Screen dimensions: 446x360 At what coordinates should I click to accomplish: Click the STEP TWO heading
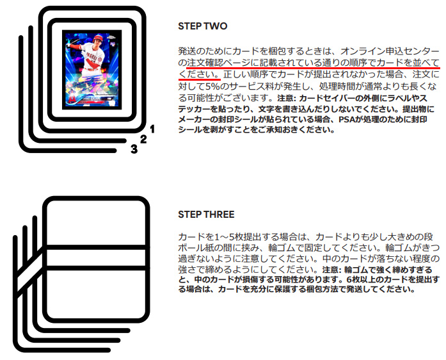point(202,26)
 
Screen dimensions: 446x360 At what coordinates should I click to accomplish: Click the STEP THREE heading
point(206,215)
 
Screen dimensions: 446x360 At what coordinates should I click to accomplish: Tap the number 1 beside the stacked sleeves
point(152,129)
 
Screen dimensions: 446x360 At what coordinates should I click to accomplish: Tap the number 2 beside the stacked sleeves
point(143,139)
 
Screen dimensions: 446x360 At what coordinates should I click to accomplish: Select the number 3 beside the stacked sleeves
point(134,149)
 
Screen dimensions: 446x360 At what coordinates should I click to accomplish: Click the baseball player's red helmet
point(98,38)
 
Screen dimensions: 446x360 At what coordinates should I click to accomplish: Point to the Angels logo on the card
point(72,98)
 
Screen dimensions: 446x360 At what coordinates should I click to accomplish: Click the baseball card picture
point(92,69)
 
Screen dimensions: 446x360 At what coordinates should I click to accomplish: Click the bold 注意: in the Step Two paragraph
point(287,98)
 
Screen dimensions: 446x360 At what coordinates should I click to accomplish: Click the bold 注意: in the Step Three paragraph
point(332,269)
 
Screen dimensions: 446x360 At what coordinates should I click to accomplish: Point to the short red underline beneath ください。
point(200,79)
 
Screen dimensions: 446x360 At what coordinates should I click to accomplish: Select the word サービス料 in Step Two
point(253,86)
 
